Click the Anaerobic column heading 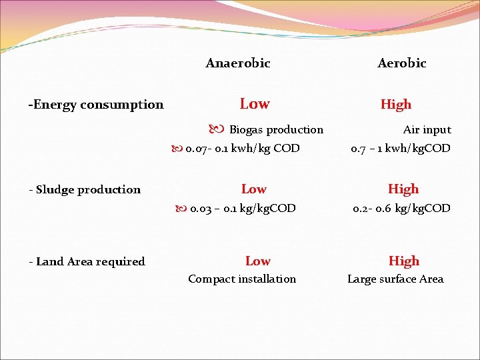point(238,63)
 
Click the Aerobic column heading point(401,63)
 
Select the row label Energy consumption point(96,105)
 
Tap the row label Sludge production point(85,189)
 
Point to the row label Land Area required point(87,261)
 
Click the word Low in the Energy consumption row point(255,104)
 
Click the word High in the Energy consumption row point(396,105)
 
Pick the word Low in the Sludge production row point(253,189)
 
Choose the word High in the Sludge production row point(403,189)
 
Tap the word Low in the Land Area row point(257,261)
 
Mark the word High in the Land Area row point(404,261)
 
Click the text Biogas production point(276,130)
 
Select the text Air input point(427,130)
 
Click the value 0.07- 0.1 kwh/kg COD point(243,148)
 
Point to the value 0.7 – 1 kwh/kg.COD point(401,148)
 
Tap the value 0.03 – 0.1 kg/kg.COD point(243,208)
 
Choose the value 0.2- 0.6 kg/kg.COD point(401,208)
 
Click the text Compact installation point(242,279)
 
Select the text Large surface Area point(395,279)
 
